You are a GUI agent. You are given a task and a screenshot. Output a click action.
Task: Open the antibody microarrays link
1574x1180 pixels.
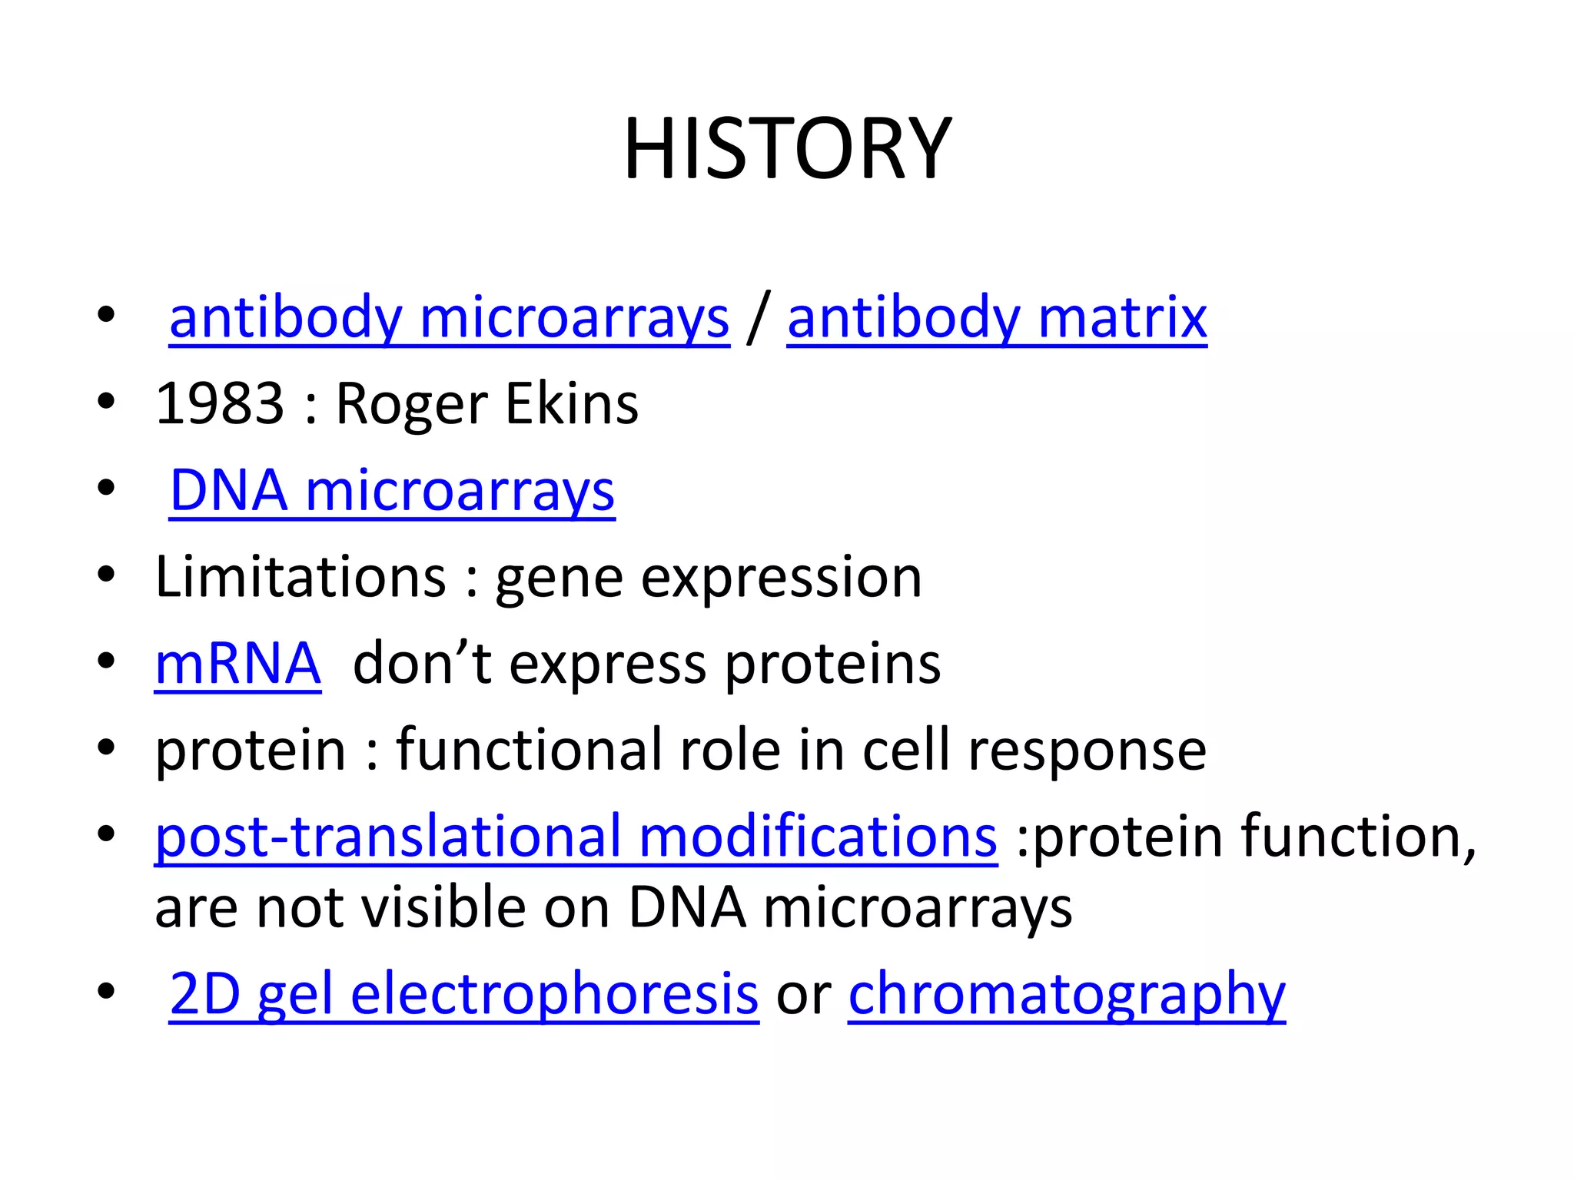[x=449, y=318]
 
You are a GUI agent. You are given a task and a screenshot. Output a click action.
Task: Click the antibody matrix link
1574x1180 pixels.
[x=997, y=318]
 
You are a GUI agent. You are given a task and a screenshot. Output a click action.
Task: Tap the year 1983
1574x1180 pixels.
[x=220, y=404]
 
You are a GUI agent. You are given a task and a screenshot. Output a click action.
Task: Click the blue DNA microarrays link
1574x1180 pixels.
[x=392, y=491]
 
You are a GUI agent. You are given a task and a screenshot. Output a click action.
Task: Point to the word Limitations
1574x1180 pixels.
[x=301, y=577]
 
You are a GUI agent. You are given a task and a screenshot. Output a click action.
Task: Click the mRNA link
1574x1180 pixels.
[x=237, y=664]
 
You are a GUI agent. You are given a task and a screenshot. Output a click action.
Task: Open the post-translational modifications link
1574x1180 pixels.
[x=576, y=837]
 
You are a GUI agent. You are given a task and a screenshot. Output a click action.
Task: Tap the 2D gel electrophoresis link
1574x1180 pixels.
[x=463, y=994]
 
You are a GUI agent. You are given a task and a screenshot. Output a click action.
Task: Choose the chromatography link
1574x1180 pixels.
[x=1067, y=994]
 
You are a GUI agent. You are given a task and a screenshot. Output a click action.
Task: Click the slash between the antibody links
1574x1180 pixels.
[x=758, y=318]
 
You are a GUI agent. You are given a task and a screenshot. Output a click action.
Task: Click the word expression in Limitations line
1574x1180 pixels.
[x=781, y=578]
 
